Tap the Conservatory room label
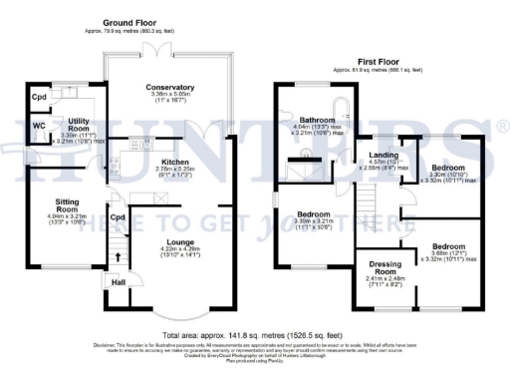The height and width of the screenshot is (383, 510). [x=168, y=88]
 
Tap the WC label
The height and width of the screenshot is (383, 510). [x=40, y=126]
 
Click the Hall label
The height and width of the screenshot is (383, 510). [x=119, y=282]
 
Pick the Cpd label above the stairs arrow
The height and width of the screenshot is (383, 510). [x=118, y=216]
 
